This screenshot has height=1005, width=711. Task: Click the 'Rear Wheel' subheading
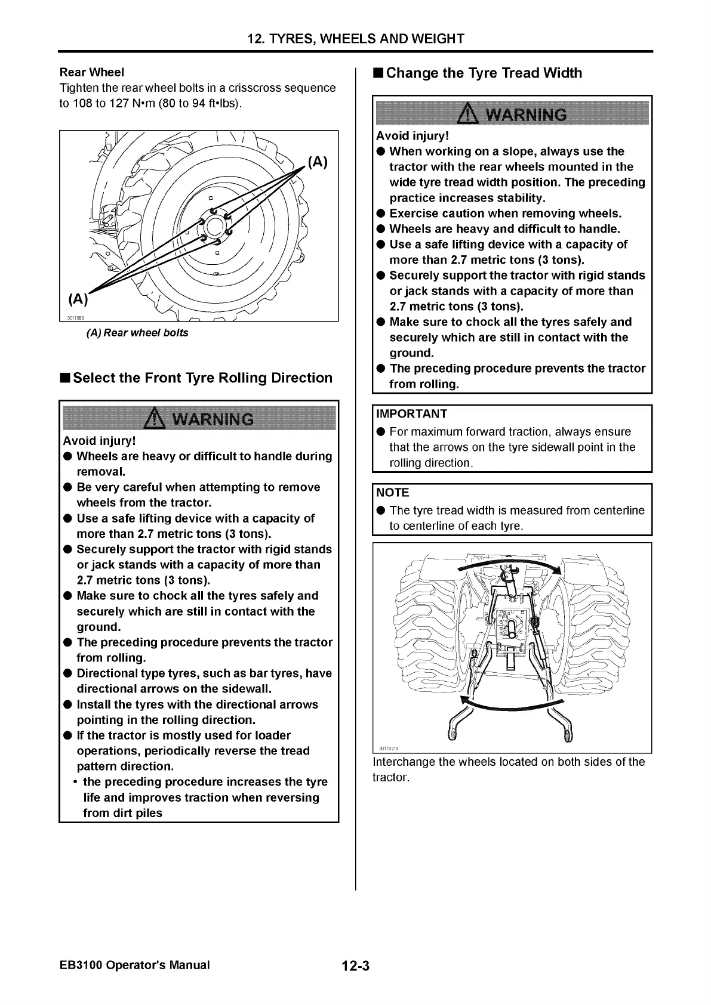92,73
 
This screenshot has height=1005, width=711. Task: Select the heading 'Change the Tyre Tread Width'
484,73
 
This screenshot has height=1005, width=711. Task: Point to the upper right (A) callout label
318,162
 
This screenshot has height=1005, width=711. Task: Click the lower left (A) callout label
78,298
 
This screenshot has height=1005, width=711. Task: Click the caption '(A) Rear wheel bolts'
137,333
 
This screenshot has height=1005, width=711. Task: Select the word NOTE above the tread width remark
393,493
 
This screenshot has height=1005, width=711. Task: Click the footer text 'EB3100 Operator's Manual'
135,965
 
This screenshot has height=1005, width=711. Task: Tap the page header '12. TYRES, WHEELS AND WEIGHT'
356,39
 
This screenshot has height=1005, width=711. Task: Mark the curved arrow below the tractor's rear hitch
511,706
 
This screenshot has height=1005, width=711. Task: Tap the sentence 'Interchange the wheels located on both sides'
508,762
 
